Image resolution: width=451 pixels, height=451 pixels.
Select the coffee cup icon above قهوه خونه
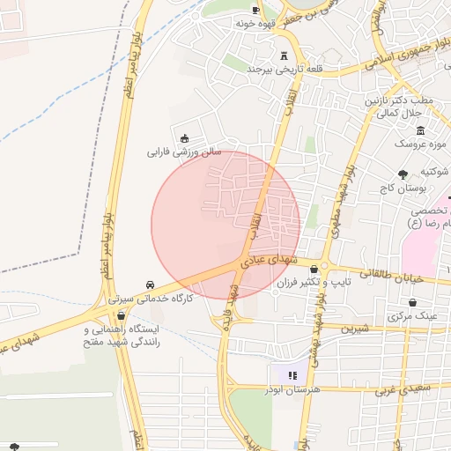point(255,11)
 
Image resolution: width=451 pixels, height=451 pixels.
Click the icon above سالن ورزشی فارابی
point(184,137)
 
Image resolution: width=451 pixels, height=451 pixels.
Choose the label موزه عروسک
point(420,142)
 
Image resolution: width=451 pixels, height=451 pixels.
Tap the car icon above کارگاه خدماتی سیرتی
point(152,285)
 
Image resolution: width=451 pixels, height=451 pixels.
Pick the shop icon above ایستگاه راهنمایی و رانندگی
point(120,315)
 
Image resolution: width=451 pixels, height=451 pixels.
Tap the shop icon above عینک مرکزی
point(412,301)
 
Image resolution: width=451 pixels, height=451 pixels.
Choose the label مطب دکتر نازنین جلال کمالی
point(402,107)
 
